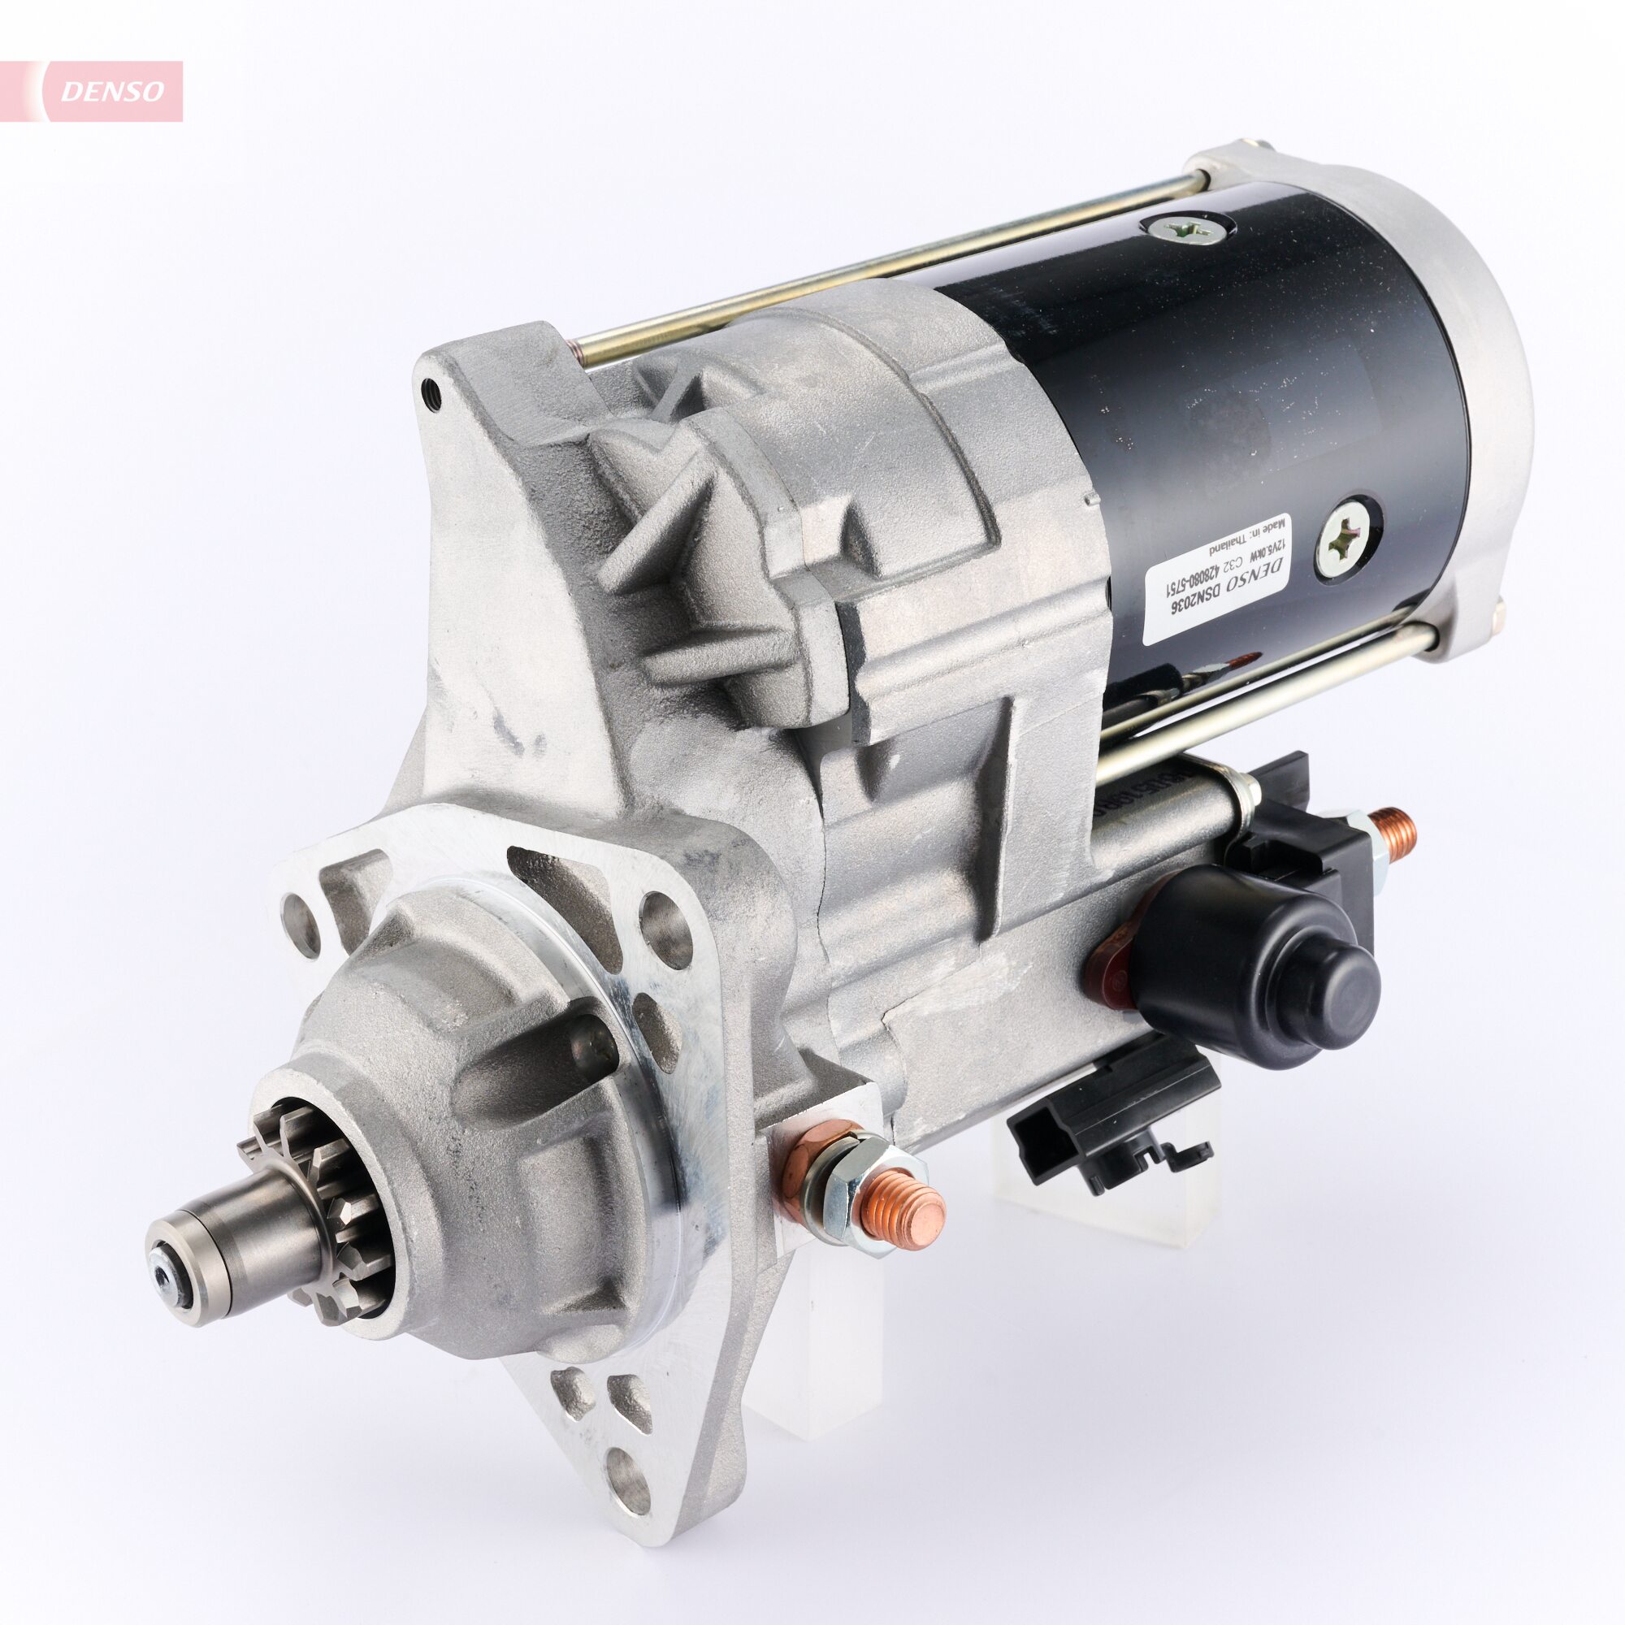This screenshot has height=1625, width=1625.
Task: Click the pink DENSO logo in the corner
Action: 101,91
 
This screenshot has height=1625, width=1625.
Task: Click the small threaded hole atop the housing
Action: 432,392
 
